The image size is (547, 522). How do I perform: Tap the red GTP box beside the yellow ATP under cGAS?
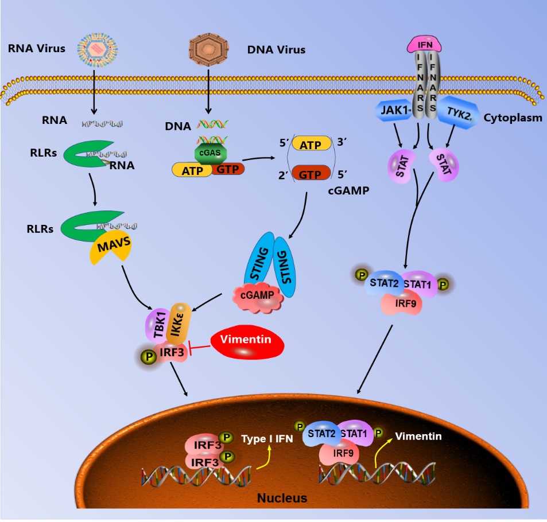point(228,169)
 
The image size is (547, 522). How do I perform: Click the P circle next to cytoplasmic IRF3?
point(148,357)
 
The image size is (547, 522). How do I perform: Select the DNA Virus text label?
point(276,50)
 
